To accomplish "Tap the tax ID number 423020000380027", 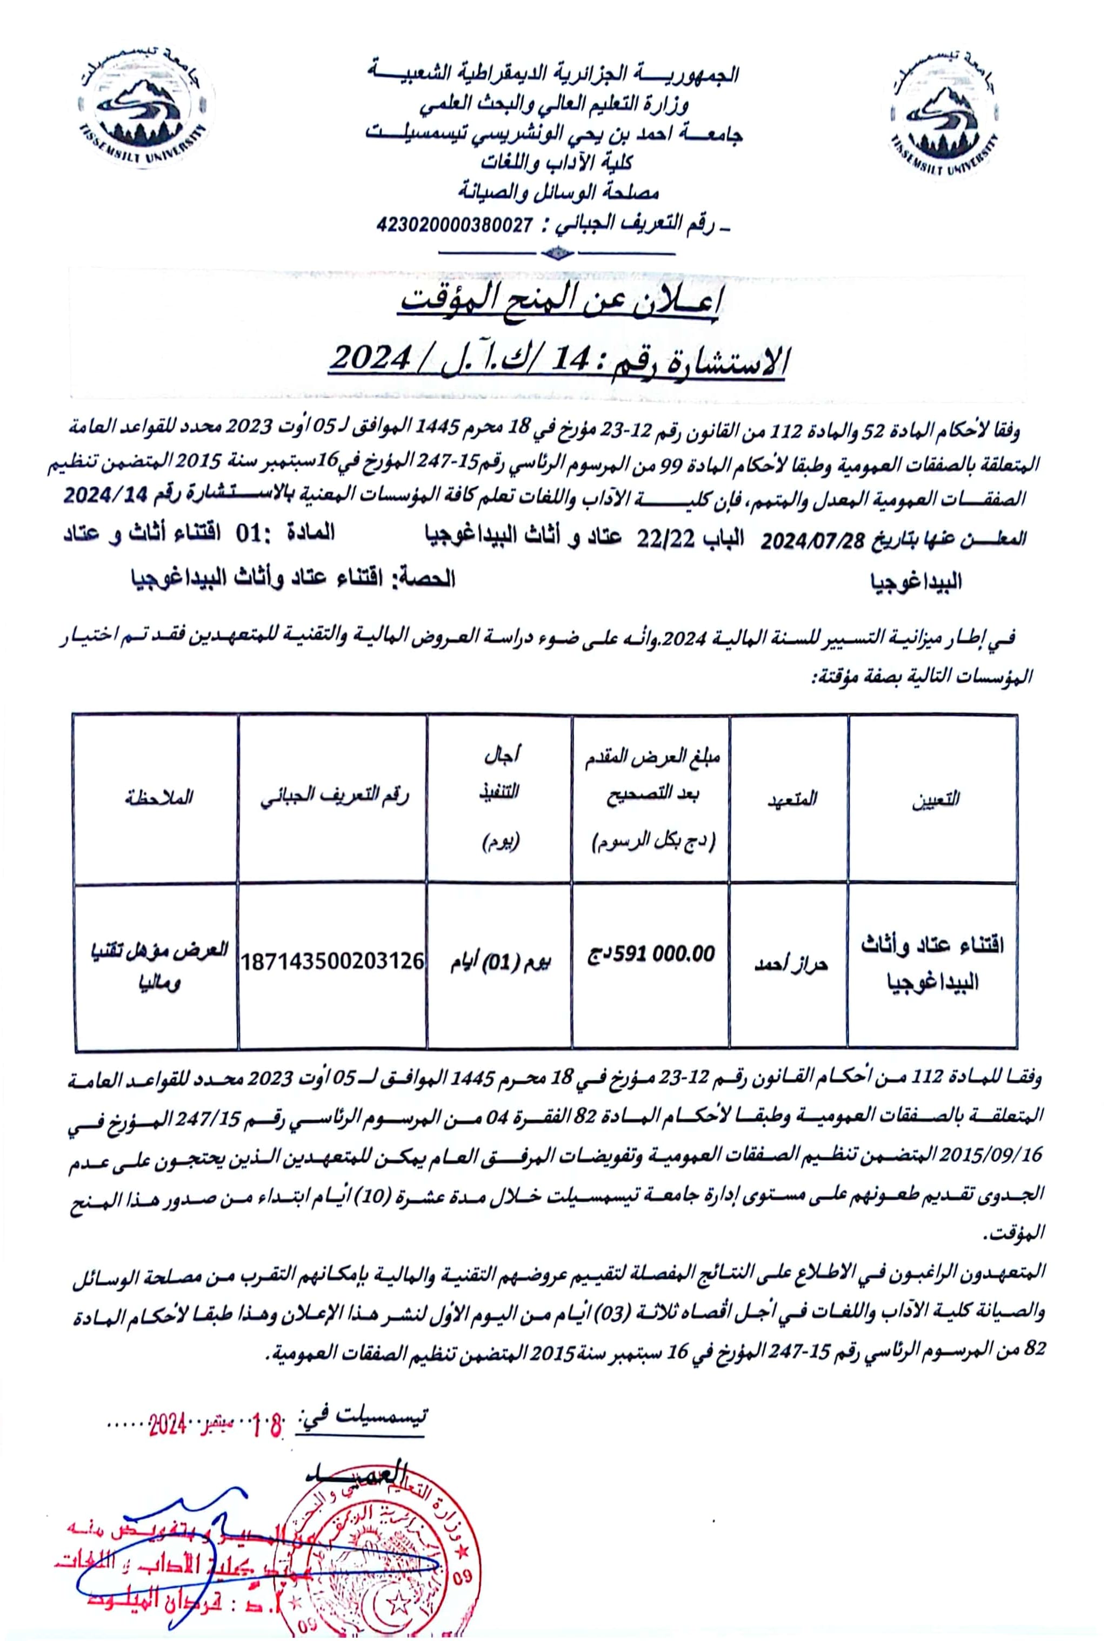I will pos(455,225).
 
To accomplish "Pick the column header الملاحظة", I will pos(156,798).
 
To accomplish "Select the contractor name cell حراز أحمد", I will pos(790,964).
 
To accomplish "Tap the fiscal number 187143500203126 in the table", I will pos(333,961).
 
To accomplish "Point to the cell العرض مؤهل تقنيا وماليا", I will pos(157,964).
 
